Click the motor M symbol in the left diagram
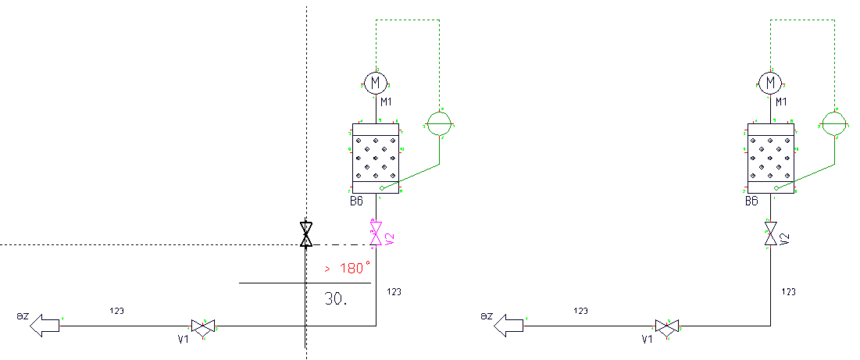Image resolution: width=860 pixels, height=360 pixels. [376, 82]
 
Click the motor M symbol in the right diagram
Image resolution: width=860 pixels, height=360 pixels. [771, 82]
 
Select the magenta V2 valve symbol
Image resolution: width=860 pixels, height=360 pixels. [376, 233]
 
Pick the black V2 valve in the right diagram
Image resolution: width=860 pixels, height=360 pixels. [771, 233]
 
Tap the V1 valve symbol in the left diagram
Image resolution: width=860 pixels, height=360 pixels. [203, 327]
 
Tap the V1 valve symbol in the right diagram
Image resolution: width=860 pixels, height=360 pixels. [667, 327]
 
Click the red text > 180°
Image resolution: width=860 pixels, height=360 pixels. [348, 269]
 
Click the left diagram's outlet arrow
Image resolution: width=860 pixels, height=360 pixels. [45, 326]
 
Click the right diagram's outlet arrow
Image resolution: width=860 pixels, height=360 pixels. [509, 326]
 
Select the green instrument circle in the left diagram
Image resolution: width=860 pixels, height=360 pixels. [439, 123]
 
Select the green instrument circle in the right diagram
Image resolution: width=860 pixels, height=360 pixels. [833, 123]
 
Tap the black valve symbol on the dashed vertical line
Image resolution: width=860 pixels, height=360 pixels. [306, 233]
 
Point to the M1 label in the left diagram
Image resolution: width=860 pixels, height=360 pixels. [387, 102]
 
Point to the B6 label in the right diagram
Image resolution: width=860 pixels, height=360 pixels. [751, 201]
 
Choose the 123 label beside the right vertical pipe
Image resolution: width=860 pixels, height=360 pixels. [789, 291]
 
